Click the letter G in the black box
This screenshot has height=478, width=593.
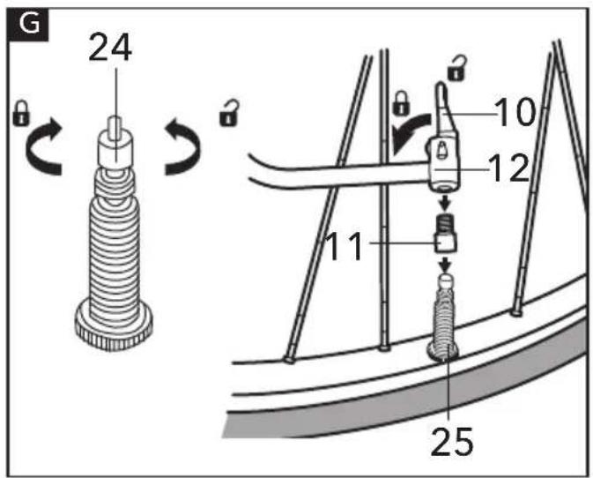[29, 24]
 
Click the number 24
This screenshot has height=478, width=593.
[110, 48]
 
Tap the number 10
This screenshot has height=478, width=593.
[516, 112]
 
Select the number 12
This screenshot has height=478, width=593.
[508, 168]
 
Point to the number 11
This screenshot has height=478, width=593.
[345, 246]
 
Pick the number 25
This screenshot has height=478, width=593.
[452, 441]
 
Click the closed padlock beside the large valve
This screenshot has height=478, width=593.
[21, 113]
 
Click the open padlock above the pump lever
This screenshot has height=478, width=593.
[456, 68]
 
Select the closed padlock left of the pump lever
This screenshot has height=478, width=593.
[401, 103]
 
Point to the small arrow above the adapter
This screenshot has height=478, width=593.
[446, 203]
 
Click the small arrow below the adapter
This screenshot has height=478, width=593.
[446, 265]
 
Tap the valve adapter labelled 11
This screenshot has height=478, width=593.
[445, 233]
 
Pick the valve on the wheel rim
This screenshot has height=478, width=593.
[443, 317]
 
